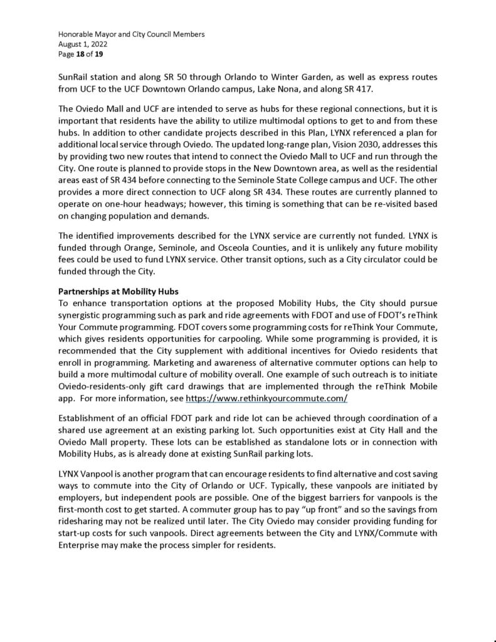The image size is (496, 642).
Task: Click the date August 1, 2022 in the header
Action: tap(83, 45)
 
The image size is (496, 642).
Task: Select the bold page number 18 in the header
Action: tap(81, 55)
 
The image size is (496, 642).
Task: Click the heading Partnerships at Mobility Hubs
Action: tap(118, 292)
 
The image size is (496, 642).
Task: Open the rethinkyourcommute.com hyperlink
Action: tap(266, 399)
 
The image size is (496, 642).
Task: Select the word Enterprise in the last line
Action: tap(80, 545)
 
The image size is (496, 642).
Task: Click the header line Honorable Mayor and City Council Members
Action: tap(132, 34)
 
